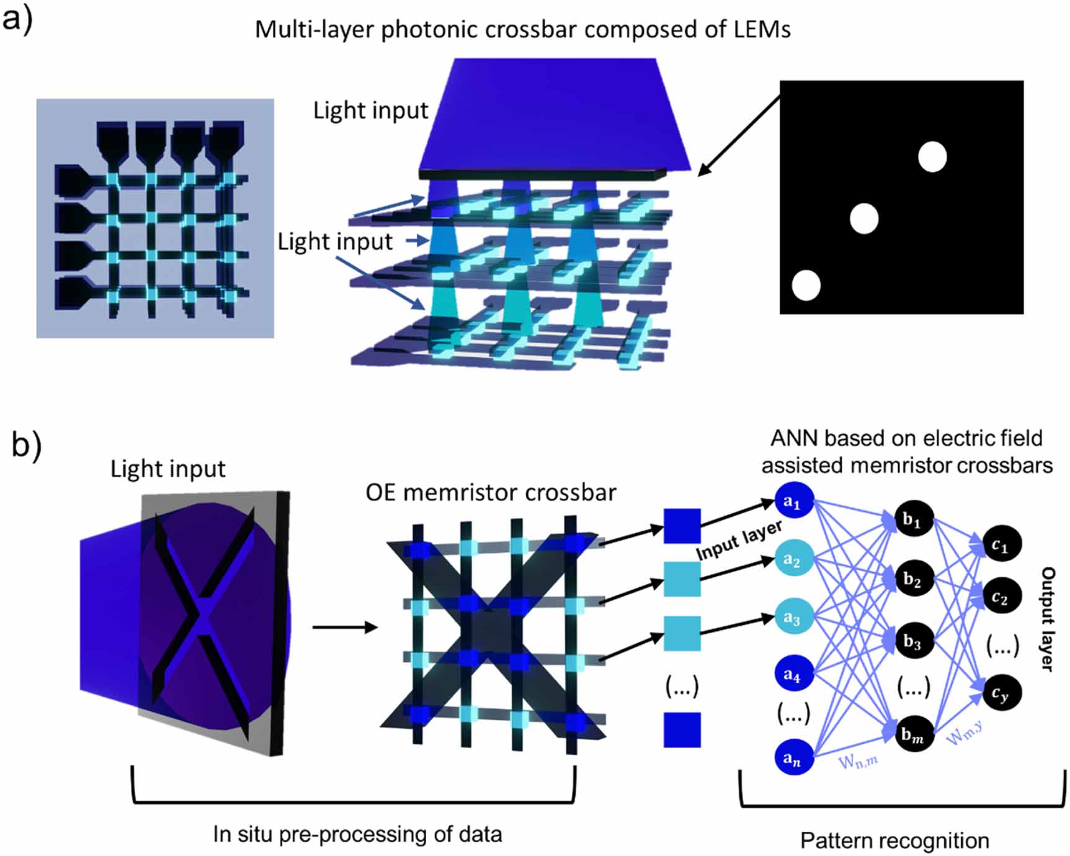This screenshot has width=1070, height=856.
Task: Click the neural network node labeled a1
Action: (793, 501)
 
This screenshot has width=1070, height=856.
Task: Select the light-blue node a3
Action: (793, 617)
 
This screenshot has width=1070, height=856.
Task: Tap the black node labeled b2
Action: (913, 580)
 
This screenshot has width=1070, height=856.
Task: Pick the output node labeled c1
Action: (1001, 544)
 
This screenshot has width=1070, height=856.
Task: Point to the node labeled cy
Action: (1001, 693)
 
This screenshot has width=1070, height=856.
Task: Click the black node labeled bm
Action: (913, 734)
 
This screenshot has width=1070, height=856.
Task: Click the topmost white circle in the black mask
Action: (932, 156)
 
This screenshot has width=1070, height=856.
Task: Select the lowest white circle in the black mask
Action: (806, 286)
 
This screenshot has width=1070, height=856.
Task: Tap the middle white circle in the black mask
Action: (864, 219)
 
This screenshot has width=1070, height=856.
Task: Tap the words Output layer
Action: (1047, 618)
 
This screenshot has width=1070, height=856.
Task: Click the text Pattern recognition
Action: (894, 840)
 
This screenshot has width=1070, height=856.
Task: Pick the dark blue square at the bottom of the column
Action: (682, 729)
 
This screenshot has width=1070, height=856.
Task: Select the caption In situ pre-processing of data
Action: (357, 834)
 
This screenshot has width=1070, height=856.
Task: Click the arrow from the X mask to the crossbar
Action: (344, 627)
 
